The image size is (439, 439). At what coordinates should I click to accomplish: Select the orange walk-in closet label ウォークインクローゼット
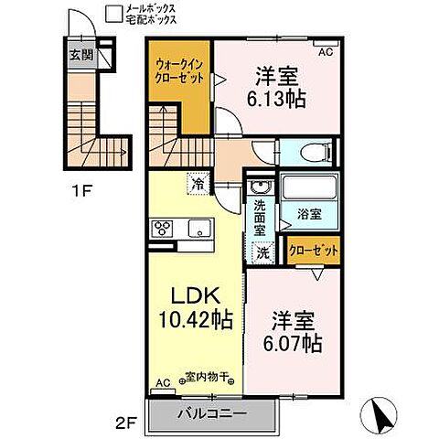click(180, 71)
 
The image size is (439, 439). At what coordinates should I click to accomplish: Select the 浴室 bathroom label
click(310, 215)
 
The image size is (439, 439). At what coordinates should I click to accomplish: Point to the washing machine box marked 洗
click(262, 252)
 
